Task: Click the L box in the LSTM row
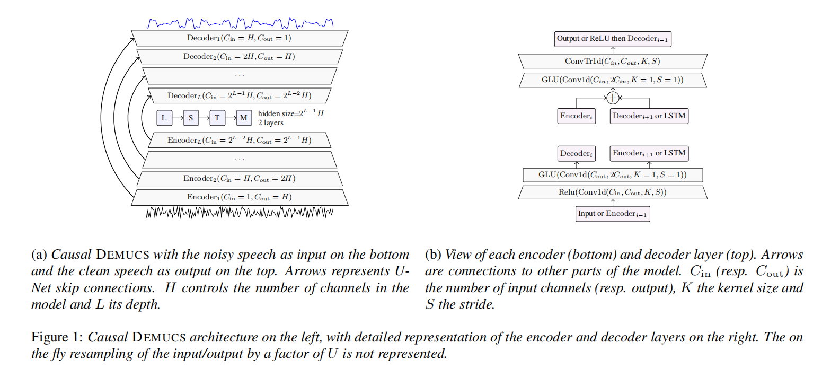tap(164, 118)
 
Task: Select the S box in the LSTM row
tap(191, 118)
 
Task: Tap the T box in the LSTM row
tap(217, 118)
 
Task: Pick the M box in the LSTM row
tap(244, 118)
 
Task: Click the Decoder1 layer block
tap(239, 38)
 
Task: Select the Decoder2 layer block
tap(239, 57)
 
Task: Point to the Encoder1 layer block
tap(239, 197)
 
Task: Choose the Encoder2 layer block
tap(239, 179)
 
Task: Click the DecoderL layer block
tap(239, 96)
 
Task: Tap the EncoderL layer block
tap(239, 141)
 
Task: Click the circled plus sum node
tap(613, 98)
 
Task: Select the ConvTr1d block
tap(612, 62)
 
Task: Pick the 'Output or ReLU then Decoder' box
tap(613, 39)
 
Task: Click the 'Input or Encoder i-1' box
tap(613, 214)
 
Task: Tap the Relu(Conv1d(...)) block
tap(613, 192)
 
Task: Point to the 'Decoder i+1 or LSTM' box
tap(649, 116)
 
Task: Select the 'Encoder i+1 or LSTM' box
tap(649, 153)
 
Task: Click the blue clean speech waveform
tap(240, 23)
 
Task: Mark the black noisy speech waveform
tap(240, 213)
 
